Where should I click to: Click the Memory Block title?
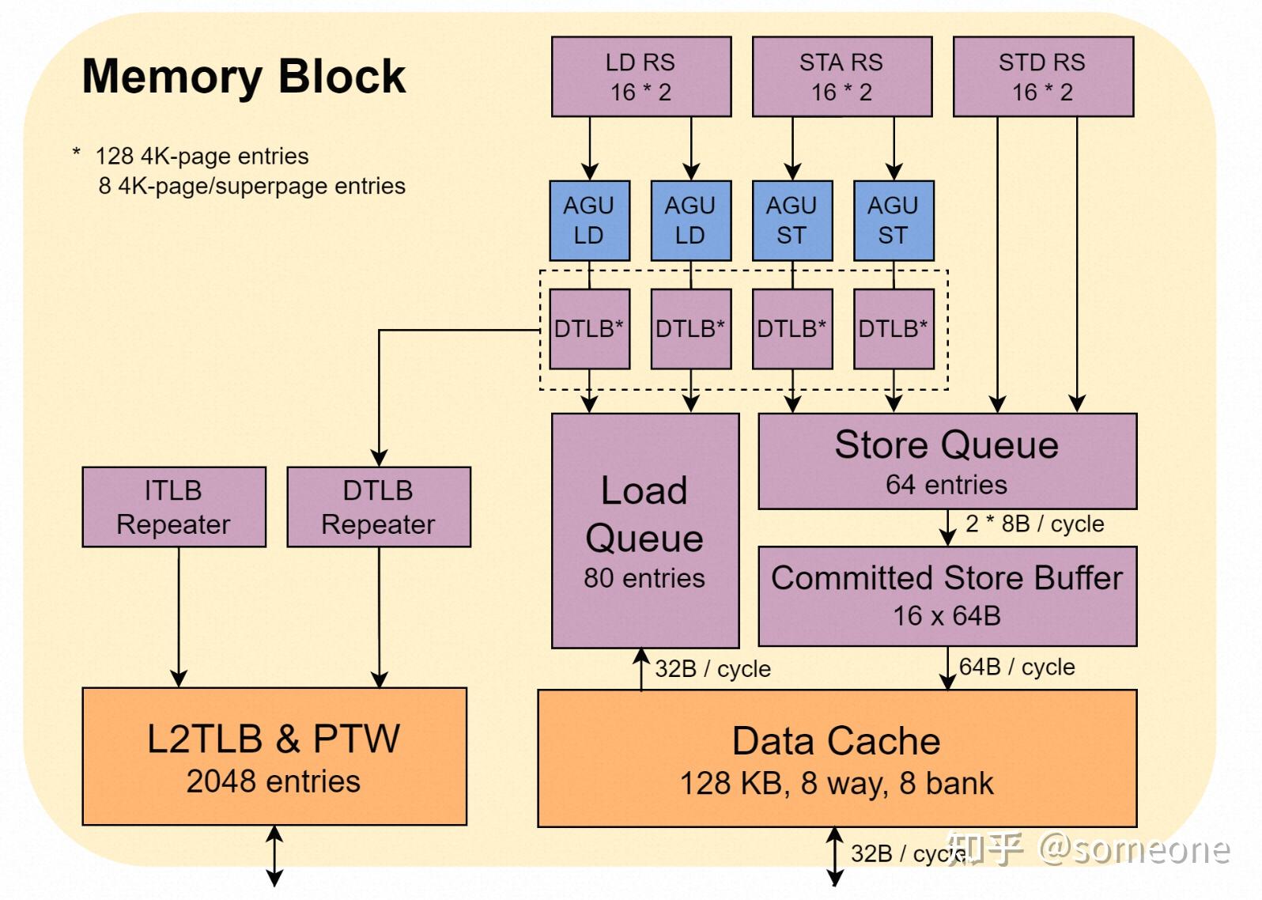point(244,77)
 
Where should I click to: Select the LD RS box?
point(640,77)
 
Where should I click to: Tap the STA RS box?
point(841,77)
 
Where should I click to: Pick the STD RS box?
point(1042,77)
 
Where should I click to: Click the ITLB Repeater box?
point(173,507)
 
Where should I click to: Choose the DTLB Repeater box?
point(378,507)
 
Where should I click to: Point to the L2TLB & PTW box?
point(274,756)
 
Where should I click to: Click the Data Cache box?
point(837,758)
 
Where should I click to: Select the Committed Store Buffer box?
point(946,596)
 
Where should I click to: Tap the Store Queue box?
point(946,461)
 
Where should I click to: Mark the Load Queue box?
point(644,530)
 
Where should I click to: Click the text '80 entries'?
point(644,578)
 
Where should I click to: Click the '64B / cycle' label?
point(1017,667)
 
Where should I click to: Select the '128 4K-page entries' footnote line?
point(202,156)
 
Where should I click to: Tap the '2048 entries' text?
point(274,781)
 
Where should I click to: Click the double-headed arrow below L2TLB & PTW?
point(274,856)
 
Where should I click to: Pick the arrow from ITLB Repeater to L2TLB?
point(179,617)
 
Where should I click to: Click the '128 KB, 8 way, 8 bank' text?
point(837,783)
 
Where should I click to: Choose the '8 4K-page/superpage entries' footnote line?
point(251,186)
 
